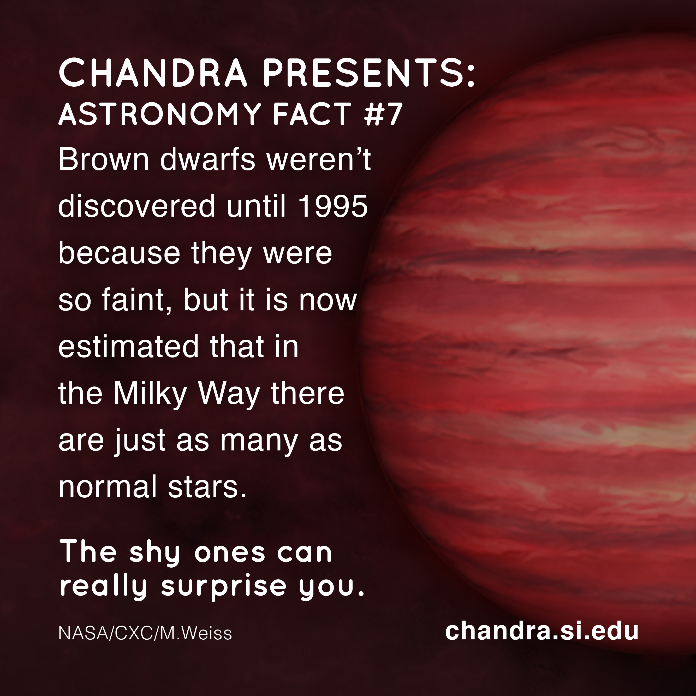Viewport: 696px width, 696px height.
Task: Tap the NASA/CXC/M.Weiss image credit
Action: coord(145,634)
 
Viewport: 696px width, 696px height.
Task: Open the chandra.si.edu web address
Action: coord(542,631)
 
